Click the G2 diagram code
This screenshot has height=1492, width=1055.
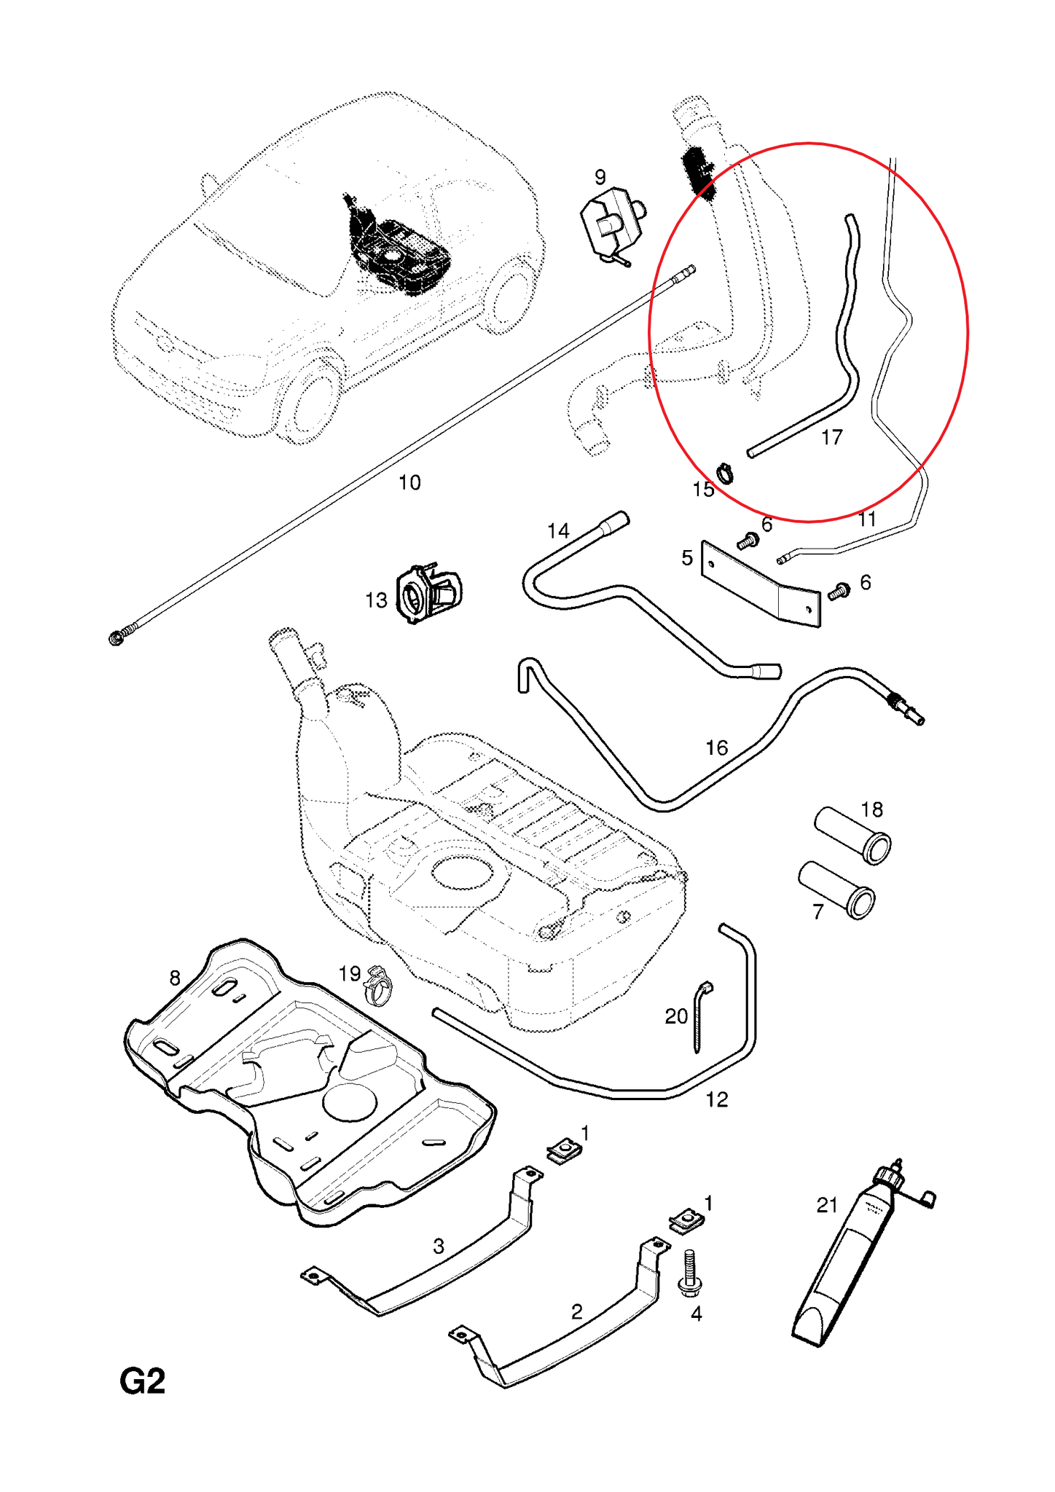tap(143, 1381)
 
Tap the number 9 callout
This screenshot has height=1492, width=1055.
tap(600, 177)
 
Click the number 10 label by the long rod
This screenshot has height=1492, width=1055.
tap(409, 482)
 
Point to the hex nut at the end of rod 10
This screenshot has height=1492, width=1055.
tap(117, 638)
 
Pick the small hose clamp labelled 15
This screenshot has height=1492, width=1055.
tap(725, 473)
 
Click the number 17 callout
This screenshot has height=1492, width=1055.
tap(831, 437)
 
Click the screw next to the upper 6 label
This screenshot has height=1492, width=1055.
tap(748, 541)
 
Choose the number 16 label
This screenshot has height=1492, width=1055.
tap(716, 747)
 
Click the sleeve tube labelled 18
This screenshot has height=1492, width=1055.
tap(853, 835)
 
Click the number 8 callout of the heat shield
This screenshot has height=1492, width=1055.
tap(175, 978)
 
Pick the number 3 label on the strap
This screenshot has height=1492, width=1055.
tap(439, 1246)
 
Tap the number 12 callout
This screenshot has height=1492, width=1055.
tap(717, 1099)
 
